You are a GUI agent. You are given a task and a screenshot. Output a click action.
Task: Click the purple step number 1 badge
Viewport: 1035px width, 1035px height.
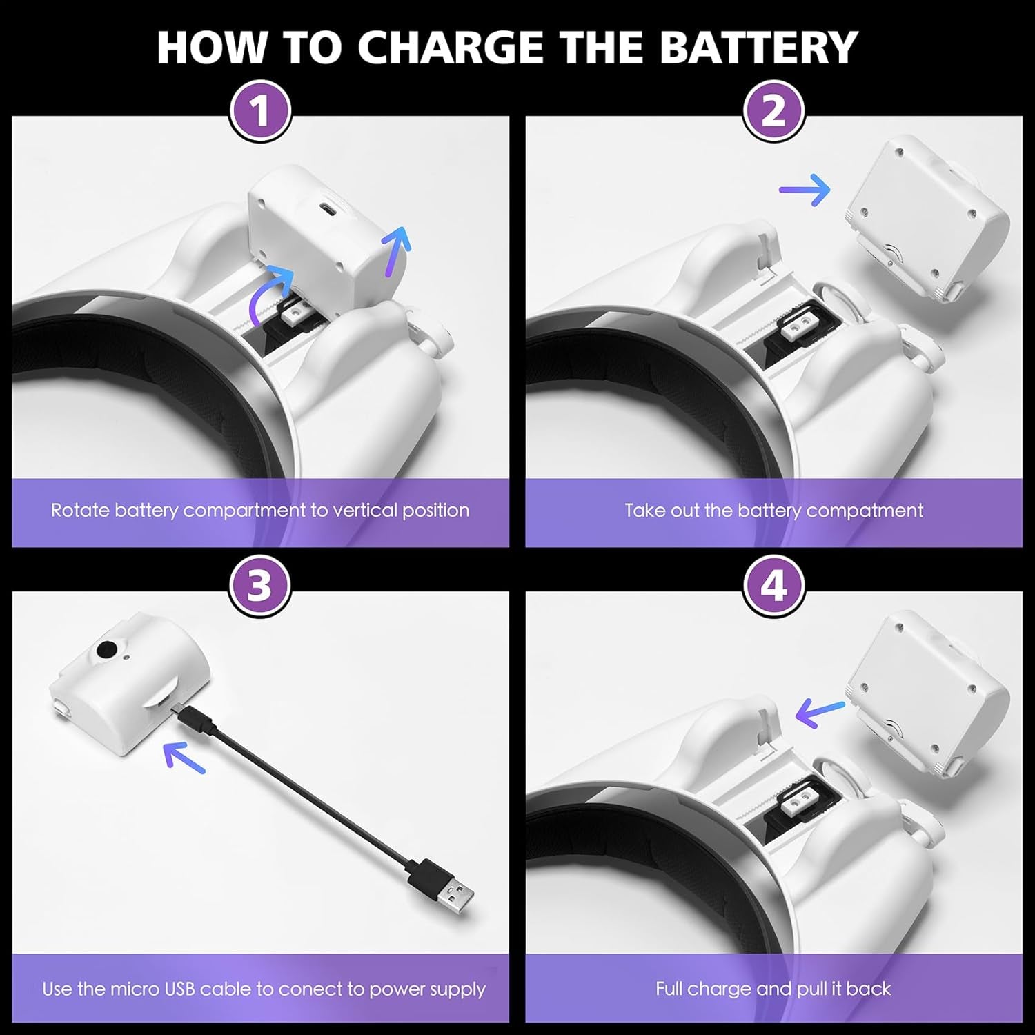coord(260,110)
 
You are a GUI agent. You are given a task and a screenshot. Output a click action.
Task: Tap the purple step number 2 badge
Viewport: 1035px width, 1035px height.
coord(773,110)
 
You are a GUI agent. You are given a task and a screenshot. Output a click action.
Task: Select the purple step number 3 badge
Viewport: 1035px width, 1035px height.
coord(260,586)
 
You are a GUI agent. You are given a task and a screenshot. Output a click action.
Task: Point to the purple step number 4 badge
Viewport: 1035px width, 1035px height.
coord(773,586)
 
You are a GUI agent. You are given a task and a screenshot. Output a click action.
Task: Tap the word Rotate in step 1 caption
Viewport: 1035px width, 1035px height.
coord(81,511)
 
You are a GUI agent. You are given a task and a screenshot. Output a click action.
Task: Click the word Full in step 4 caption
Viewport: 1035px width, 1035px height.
coord(669,989)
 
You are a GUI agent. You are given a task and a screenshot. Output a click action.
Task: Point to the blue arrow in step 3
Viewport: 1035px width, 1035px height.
coord(185,757)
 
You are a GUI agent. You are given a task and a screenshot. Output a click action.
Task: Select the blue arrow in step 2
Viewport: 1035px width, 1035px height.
coord(805,189)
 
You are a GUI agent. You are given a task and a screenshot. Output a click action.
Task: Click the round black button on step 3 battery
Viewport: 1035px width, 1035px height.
coord(107,649)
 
